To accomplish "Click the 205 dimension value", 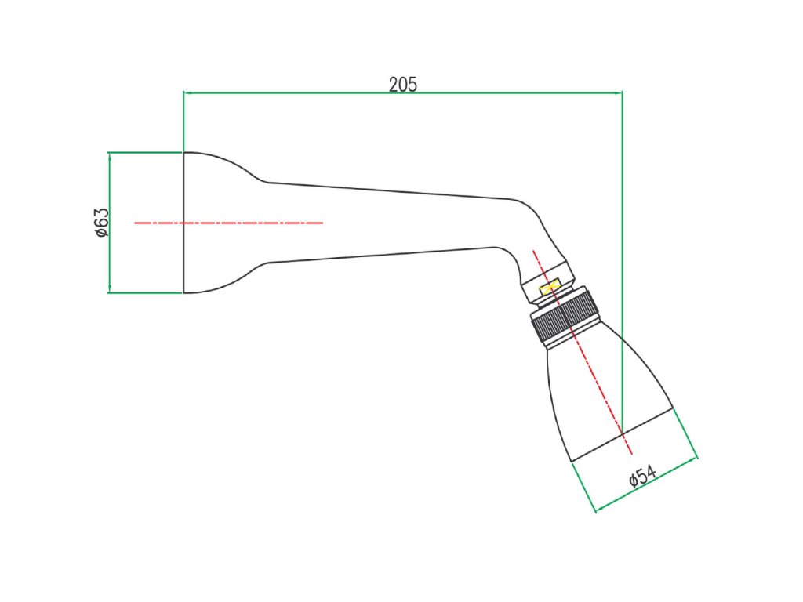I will (403, 84).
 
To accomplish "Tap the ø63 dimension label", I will (100, 222).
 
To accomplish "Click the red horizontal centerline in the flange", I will (228, 223).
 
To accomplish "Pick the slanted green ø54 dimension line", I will (646, 485).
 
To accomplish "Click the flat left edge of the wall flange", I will (183, 222).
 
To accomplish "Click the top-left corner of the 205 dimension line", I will (183, 92).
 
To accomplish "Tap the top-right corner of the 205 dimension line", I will (622, 92).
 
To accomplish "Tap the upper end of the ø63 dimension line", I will (110, 153).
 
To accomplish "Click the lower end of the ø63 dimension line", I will (110, 292).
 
